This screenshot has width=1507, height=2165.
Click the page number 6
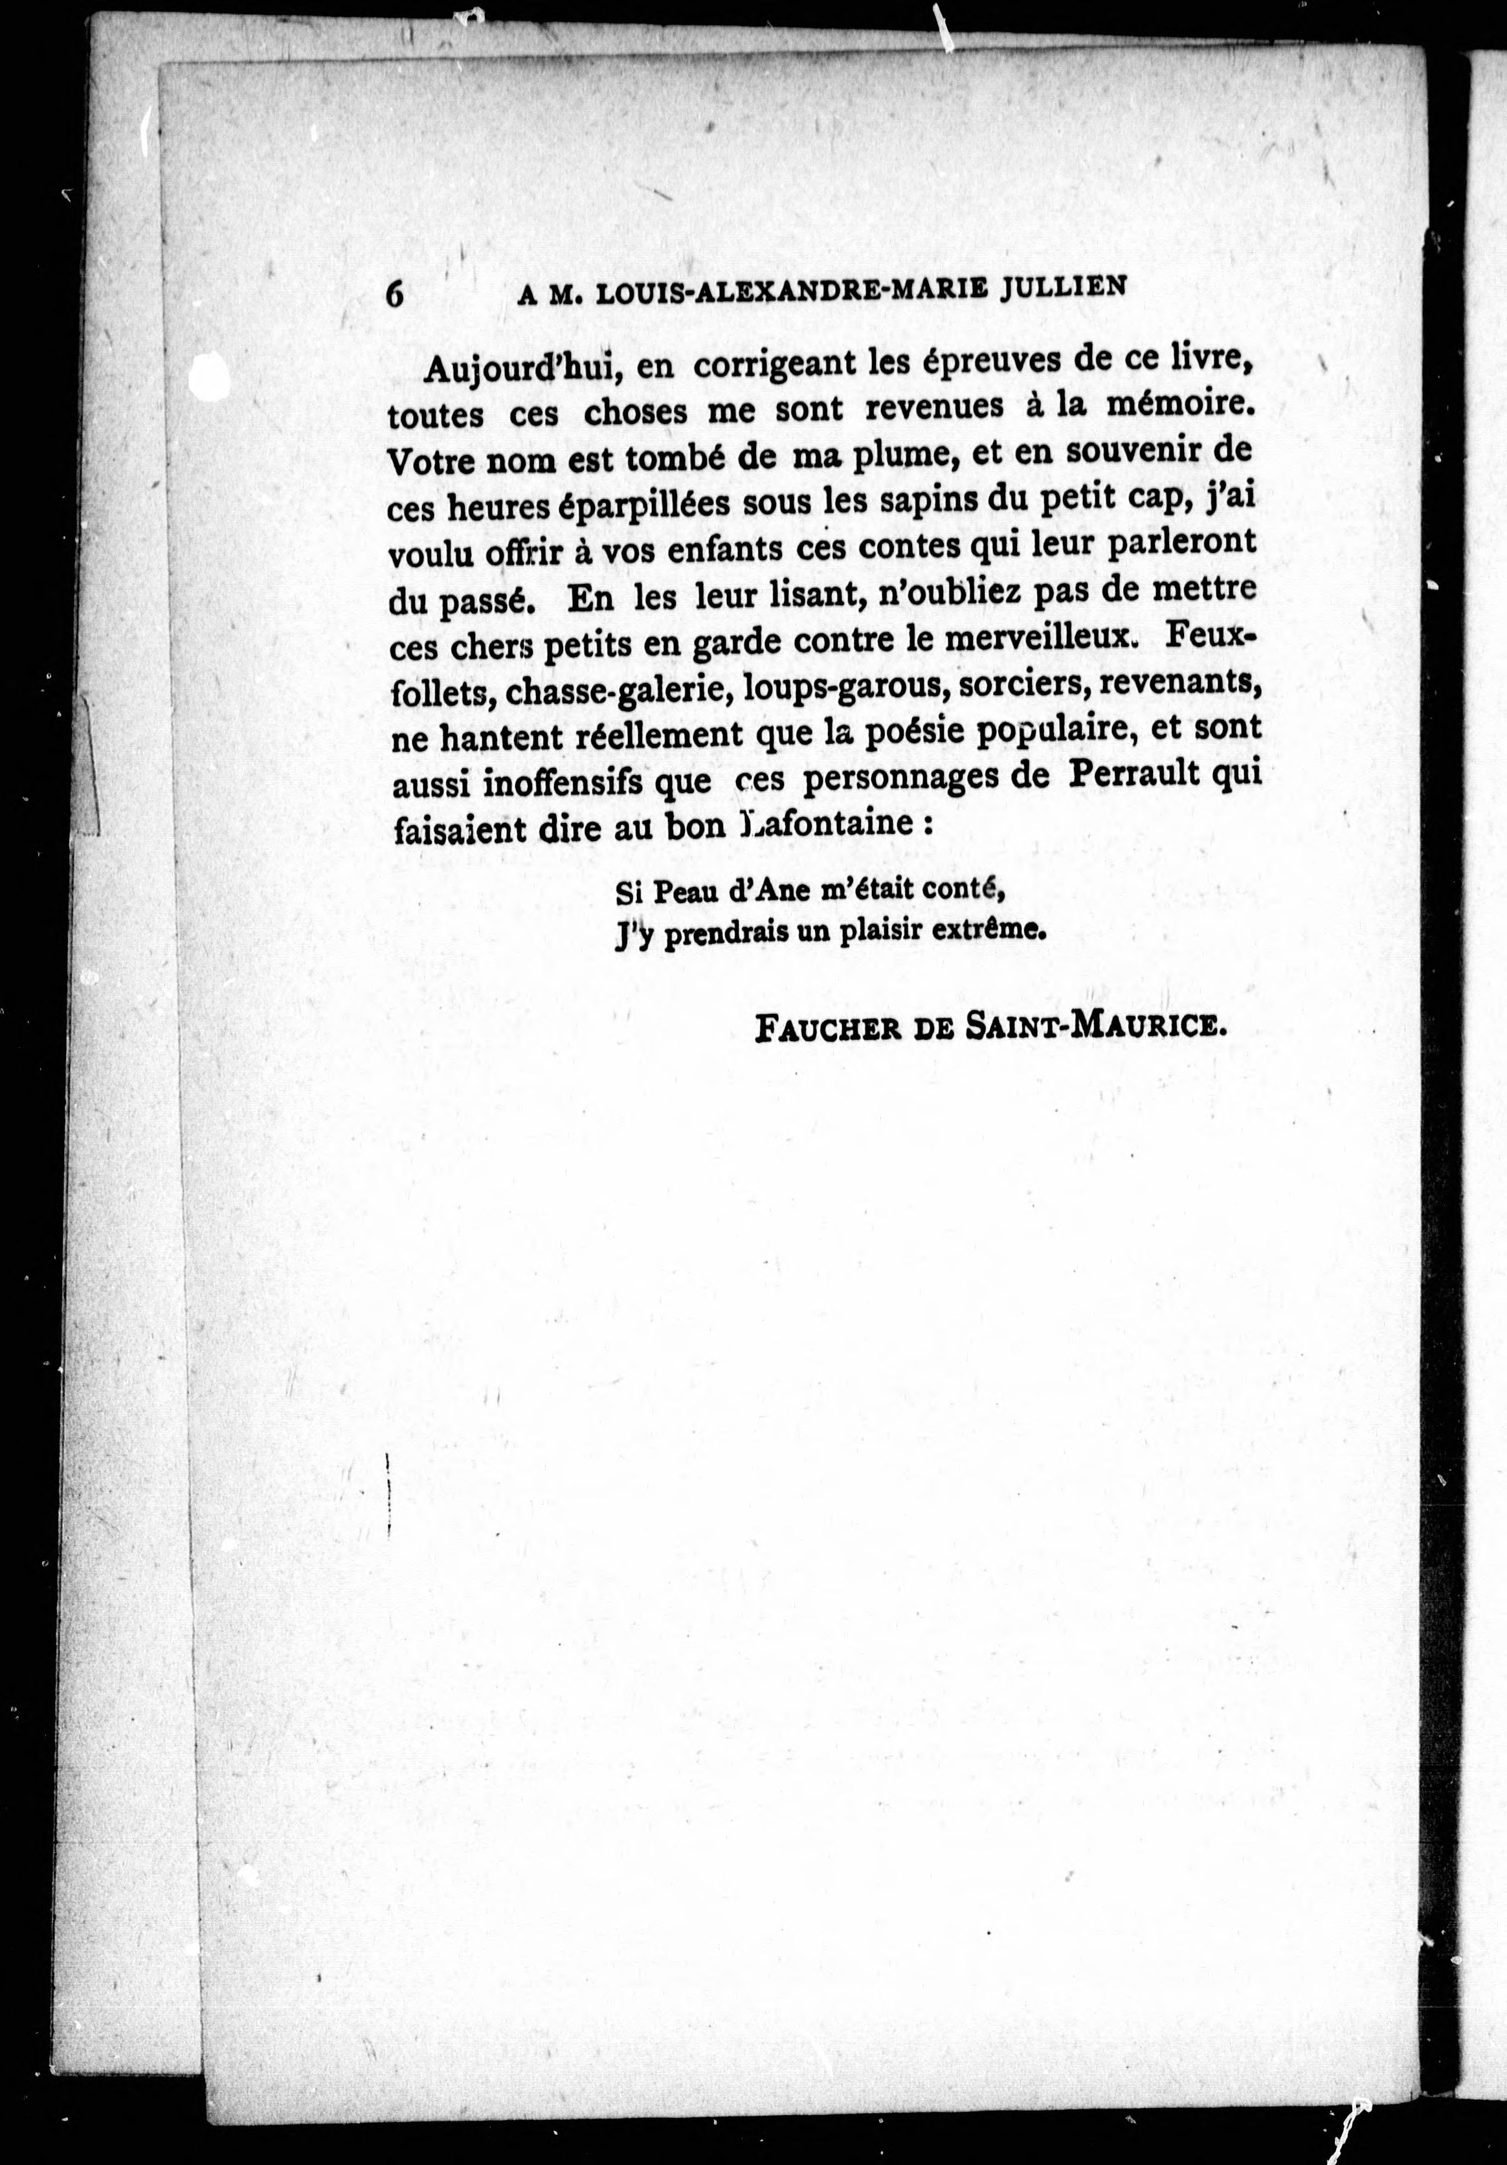(x=395, y=293)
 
